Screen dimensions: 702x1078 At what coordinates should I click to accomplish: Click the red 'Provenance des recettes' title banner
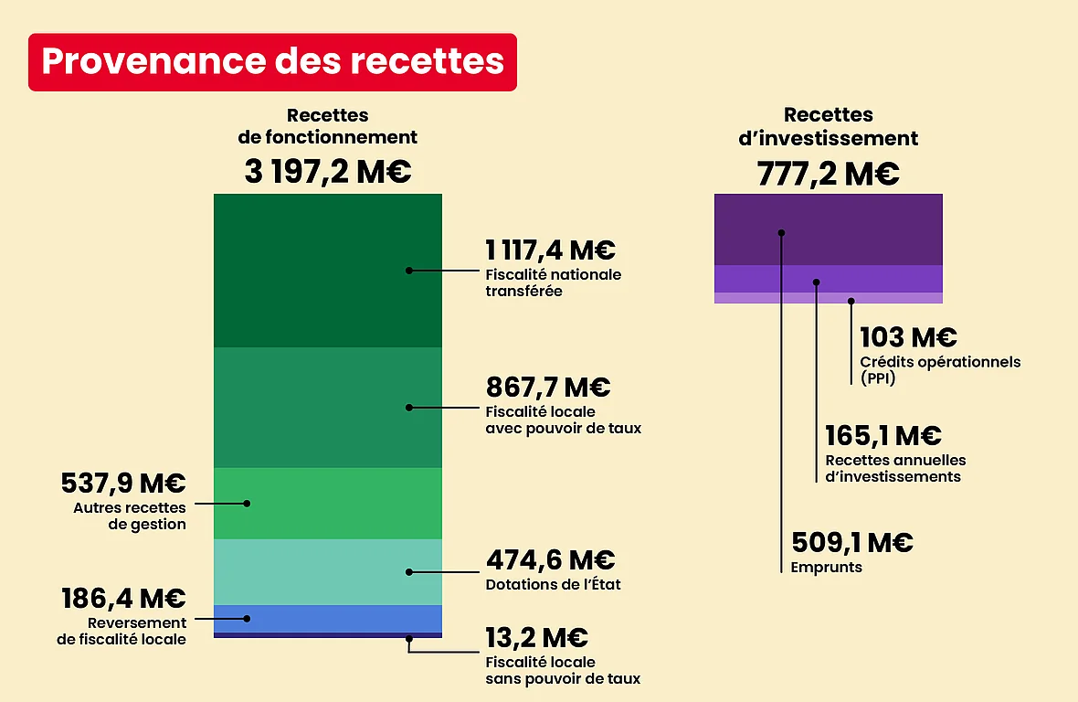point(272,62)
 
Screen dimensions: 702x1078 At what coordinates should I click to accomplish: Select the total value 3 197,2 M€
point(328,172)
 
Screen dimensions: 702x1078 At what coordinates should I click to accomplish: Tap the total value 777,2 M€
point(828,173)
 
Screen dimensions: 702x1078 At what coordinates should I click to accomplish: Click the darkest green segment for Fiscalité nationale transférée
point(327,271)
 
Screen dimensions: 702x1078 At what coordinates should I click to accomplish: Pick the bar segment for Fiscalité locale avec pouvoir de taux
point(327,408)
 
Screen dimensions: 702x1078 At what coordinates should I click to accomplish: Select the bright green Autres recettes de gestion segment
point(327,504)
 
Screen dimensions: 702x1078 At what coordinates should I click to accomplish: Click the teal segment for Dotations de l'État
point(327,572)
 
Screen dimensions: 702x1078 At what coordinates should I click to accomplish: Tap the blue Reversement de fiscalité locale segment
point(327,619)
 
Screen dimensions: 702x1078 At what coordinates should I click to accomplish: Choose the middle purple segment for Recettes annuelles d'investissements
point(828,279)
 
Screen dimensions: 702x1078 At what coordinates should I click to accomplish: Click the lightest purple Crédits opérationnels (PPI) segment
point(828,298)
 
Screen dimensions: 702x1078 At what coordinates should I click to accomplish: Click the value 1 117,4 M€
point(550,250)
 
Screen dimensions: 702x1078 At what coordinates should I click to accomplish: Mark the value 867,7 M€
point(548,388)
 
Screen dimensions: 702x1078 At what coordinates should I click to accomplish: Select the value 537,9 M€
point(123,484)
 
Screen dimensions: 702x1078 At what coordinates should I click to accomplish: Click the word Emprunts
point(826,568)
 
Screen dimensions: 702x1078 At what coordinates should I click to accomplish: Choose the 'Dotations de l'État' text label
point(554,584)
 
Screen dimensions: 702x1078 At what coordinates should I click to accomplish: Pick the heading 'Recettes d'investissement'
point(828,127)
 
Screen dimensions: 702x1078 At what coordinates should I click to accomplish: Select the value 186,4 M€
point(123,599)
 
